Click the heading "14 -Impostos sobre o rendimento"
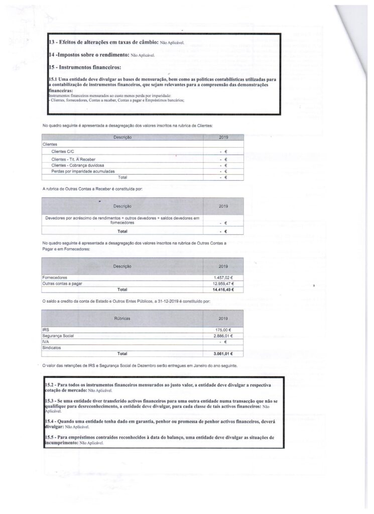[88, 55]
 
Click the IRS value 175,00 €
[227, 330]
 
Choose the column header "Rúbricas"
[122, 318]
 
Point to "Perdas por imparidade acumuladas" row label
[83, 171]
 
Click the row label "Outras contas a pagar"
[62, 284]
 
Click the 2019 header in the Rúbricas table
[223, 318]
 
